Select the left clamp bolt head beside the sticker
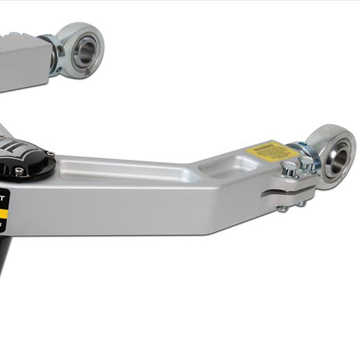[x=289, y=169]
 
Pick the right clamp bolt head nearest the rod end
[x=308, y=165]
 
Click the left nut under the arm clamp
[x=282, y=208]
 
